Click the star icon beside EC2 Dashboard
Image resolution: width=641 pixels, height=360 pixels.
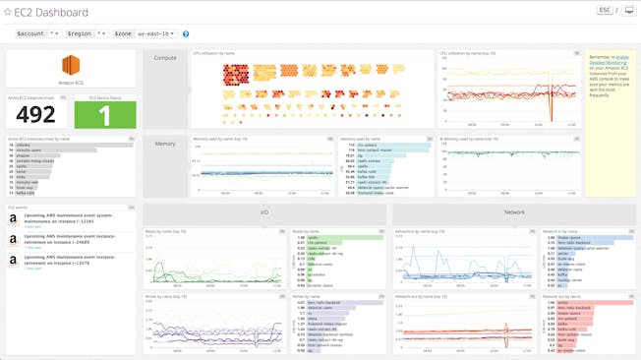coord(8,13)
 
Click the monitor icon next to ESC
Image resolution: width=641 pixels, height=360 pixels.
coord(629,11)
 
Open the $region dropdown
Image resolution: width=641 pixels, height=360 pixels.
coord(87,33)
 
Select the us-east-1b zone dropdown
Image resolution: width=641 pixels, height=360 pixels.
coord(144,33)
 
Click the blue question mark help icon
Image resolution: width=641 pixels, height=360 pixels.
coord(186,34)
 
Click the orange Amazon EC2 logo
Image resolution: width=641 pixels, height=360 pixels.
coord(71,65)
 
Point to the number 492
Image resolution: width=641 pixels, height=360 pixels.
coord(36,115)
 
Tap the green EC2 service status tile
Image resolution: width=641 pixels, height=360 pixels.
coord(105,114)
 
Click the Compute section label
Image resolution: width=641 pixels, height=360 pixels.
coord(165,58)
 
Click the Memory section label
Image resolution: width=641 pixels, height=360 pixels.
coord(165,144)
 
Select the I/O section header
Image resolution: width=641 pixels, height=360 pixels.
coord(264,212)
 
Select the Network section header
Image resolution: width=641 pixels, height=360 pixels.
coord(514,212)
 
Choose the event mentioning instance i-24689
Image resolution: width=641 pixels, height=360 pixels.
coord(69,239)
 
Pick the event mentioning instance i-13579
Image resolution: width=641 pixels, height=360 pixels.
coord(69,260)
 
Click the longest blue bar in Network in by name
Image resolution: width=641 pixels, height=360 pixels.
coord(580,237)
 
